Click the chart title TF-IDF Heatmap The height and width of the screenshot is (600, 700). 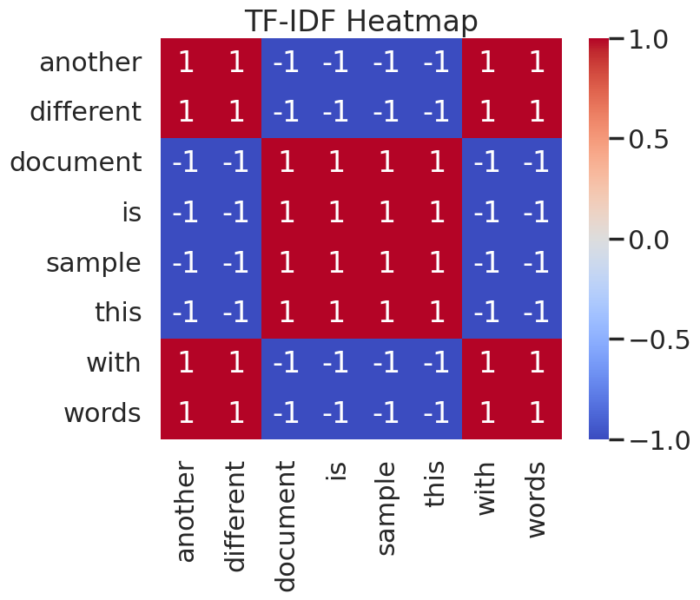click(x=360, y=21)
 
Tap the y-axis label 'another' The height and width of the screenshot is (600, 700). click(x=90, y=63)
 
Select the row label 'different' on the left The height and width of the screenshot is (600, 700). click(x=85, y=112)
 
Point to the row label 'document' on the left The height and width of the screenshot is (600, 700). click(x=76, y=162)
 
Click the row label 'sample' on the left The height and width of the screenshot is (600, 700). click(x=93, y=263)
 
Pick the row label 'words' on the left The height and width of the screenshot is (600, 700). click(x=102, y=413)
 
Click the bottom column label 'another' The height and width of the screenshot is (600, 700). click(x=186, y=511)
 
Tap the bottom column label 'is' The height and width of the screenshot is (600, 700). click(x=337, y=470)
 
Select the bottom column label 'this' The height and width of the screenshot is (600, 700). click(x=437, y=484)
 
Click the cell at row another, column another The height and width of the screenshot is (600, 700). click(x=186, y=63)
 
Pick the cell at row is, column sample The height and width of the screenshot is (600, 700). click(x=386, y=213)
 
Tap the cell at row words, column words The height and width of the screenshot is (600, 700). click(x=537, y=413)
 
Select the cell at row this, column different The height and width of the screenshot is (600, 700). click(x=236, y=313)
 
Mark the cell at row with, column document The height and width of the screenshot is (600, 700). click(x=287, y=363)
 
